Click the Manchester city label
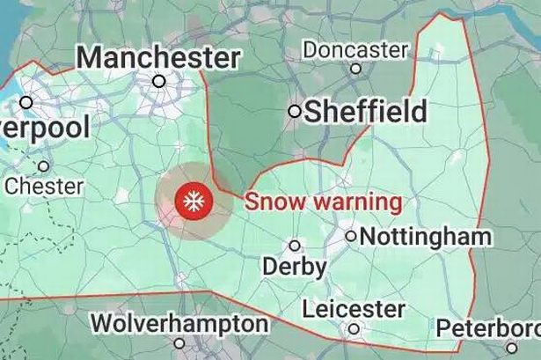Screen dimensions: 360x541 tap(158, 58)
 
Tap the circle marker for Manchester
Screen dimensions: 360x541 tap(159, 81)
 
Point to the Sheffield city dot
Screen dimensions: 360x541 tap(296, 112)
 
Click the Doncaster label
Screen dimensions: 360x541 tap(355, 49)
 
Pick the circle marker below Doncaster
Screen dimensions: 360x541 tap(355, 68)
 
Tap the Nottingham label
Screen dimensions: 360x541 tap(413, 237)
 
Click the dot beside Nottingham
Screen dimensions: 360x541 tap(351, 236)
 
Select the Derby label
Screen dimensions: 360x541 tap(295, 266)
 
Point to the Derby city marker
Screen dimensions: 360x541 tap(295, 246)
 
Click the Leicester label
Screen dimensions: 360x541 tap(353, 309)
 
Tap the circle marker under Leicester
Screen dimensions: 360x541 tap(354, 329)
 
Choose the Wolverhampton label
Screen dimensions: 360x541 tap(179, 323)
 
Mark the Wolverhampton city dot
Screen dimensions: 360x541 tap(179, 344)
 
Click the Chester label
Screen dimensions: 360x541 tap(44, 186)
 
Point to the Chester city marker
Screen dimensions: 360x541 tap(44, 165)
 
